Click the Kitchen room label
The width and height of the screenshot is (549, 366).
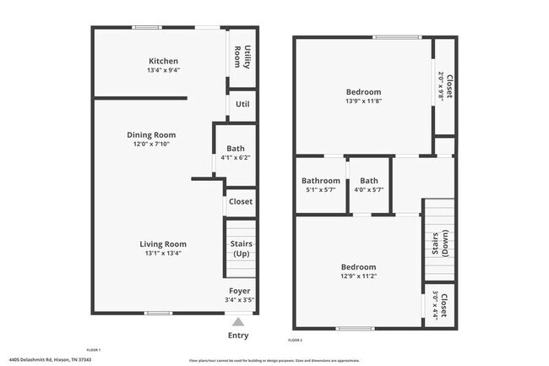[x=163, y=61]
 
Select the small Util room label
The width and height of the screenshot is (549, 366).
[x=242, y=104]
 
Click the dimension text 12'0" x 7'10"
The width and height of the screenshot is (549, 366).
[x=151, y=145]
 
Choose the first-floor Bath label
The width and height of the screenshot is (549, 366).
[x=235, y=149]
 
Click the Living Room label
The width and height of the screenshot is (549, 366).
[x=163, y=244]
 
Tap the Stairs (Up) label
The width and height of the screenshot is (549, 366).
[x=242, y=249]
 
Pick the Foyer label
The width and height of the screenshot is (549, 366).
[x=239, y=290]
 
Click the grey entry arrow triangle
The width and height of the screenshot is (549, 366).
[x=238, y=321]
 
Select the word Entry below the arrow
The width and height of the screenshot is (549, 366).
[x=238, y=336]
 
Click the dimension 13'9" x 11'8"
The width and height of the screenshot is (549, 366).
[x=363, y=102]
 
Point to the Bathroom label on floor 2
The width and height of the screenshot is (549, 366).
[x=321, y=180]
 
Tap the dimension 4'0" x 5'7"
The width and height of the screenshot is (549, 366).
[x=369, y=190]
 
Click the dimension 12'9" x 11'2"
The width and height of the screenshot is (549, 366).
[x=359, y=276]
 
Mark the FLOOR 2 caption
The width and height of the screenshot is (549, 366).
[x=295, y=340]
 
